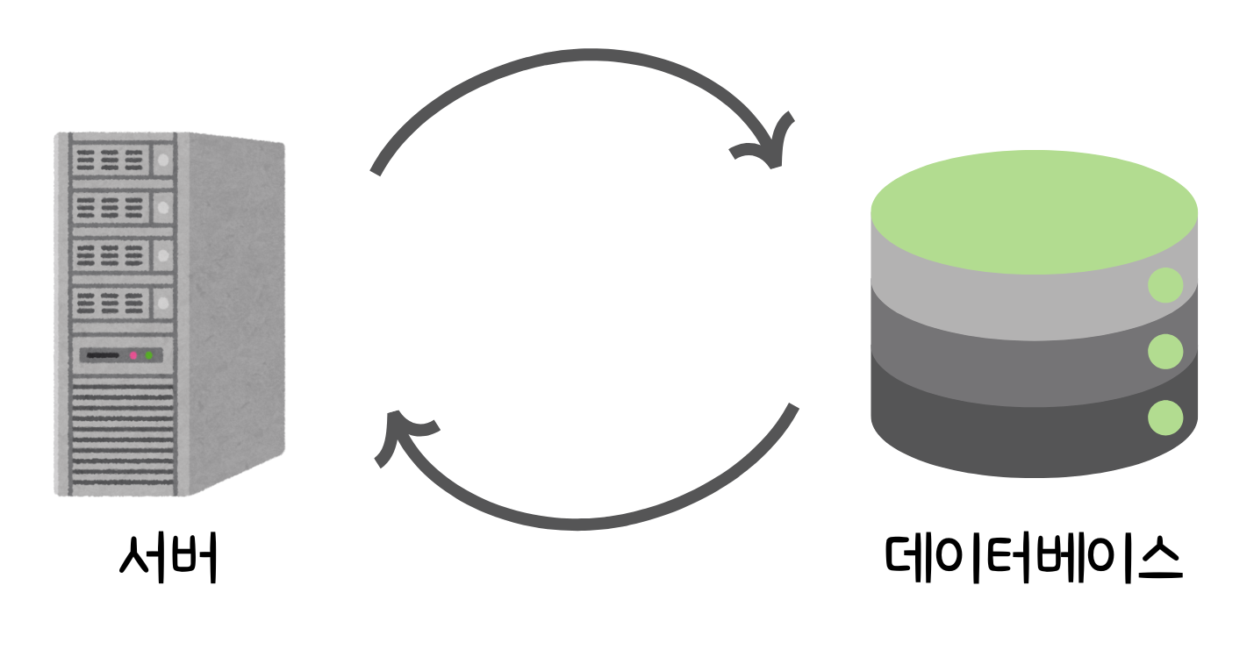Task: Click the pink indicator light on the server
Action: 133,355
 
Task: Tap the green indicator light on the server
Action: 149,355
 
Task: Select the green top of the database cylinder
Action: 1034,215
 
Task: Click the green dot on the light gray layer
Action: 1165,286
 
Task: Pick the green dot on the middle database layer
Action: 1165,351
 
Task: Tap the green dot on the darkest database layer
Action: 1165,416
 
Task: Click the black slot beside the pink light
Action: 104,355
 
